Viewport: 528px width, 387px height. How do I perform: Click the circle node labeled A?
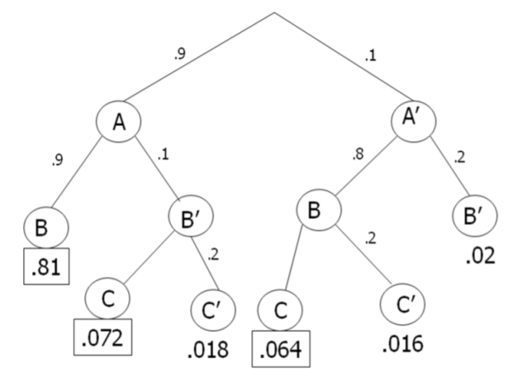coord(117,122)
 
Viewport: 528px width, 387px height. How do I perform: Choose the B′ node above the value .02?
coord(474,216)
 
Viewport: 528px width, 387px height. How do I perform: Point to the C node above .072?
coord(106,297)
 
